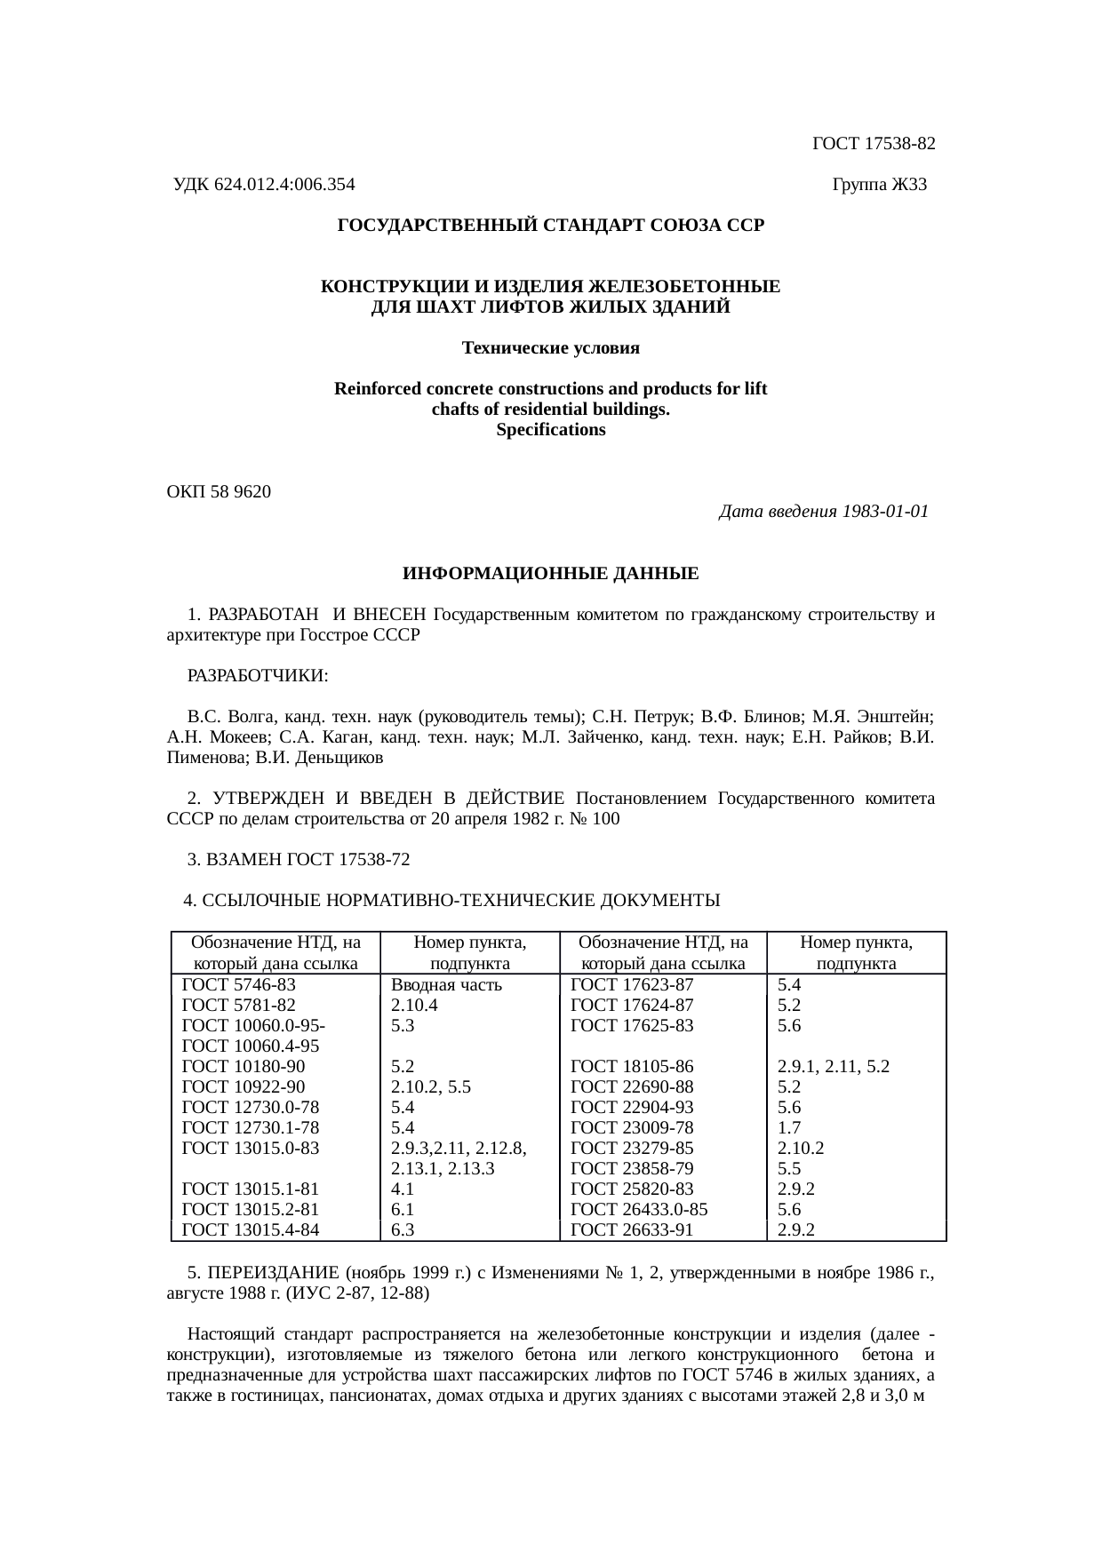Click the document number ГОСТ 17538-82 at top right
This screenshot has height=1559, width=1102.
click(x=874, y=143)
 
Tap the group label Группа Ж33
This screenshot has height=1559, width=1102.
click(x=880, y=185)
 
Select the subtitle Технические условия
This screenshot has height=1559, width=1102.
click(x=551, y=348)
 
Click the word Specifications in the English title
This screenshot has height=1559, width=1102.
click(x=551, y=430)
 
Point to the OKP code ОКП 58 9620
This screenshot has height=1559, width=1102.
click(x=220, y=491)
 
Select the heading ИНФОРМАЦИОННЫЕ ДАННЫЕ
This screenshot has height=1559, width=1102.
click(x=551, y=574)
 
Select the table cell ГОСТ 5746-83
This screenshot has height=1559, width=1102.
click(x=238, y=984)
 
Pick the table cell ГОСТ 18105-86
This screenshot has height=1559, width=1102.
click(x=632, y=1066)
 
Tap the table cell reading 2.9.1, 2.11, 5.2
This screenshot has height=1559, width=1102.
click(x=834, y=1066)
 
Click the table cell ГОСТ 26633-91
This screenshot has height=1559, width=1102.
click(x=632, y=1229)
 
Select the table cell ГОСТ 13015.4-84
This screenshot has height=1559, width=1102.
click(x=250, y=1229)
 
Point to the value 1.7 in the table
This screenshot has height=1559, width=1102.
click(x=789, y=1127)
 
